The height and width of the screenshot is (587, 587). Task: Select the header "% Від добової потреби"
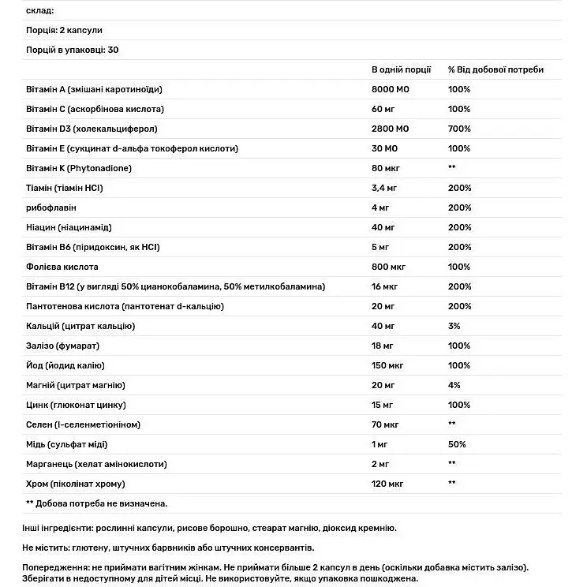[x=495, y=69]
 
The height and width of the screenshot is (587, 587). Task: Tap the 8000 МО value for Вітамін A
[x=391, y=89]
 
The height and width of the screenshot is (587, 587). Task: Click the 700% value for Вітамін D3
[x=459, y=129]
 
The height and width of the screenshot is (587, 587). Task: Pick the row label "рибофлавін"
[x=51, y=208]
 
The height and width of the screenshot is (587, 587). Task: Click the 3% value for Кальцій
[x=454, y=326]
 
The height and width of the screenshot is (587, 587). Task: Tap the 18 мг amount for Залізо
[x=383, y=346]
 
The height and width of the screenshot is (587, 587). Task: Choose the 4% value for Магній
[x=454, y=385]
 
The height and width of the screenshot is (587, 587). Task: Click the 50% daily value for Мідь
[x=457, y=444]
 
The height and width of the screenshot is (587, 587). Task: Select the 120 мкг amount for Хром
[x=387, y=484]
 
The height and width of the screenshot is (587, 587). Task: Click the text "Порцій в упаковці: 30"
[x=73, y=50]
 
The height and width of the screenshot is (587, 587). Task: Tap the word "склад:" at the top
[x=40, y=10]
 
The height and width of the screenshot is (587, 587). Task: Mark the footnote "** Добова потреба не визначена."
[x=97, y=503]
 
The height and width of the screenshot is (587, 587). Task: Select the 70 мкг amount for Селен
[x=385, y=424]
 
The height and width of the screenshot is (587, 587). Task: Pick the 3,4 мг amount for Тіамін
[x=385, y=188]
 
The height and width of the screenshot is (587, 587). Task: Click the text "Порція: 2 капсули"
[x=65, y=30]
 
